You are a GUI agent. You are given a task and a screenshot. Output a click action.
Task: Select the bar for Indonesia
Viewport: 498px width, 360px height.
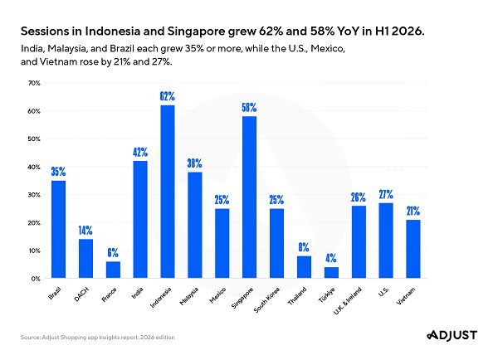(168, 192)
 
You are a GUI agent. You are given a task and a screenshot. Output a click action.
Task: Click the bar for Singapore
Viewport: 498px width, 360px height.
(249, 197)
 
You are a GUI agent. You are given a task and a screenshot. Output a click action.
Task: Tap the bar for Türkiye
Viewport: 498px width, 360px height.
(331, 273)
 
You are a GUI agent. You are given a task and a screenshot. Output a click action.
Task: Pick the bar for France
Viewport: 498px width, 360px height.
(113, 270)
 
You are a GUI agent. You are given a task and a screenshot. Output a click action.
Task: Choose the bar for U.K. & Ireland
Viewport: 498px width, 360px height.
(359, 242)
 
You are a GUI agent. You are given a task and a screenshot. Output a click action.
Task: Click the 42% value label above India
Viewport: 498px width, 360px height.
(140, 153)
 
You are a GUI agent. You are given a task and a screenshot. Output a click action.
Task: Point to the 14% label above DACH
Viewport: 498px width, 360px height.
(85, 231)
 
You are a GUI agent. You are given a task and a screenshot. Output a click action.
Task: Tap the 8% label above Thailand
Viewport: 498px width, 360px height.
(304, 247)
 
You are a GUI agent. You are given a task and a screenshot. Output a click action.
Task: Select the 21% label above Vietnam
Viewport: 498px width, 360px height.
(413, 211)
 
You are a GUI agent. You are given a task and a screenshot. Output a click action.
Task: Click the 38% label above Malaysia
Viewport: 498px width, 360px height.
(194, 163)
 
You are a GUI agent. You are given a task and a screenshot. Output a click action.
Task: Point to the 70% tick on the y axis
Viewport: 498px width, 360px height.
(34, 83)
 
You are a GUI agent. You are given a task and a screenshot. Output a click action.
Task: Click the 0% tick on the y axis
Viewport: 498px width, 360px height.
(37, 279)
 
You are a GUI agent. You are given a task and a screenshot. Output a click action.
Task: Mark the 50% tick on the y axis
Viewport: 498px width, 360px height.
(34, 139)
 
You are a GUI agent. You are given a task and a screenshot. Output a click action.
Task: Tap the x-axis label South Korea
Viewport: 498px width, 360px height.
(266, 299)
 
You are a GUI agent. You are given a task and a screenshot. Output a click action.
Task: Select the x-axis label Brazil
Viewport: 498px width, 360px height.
(54, 293)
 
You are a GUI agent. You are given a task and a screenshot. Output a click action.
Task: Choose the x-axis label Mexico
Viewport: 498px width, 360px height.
(217, 295)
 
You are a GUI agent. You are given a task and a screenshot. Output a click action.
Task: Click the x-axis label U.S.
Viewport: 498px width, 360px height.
(383, 292)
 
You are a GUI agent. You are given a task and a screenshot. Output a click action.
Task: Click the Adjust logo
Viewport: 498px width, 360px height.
(452, 335)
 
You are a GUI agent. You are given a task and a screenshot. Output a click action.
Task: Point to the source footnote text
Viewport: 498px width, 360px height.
(98, 337)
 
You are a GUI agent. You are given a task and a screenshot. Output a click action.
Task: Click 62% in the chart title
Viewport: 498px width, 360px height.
(271, 32)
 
